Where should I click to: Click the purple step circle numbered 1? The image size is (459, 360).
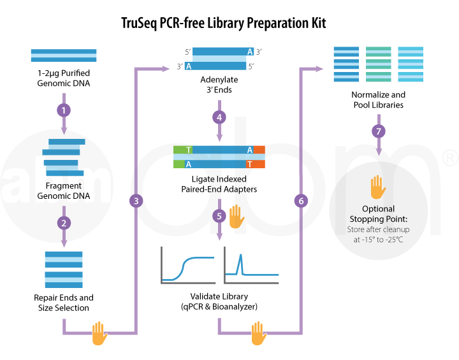(x=64, y=110)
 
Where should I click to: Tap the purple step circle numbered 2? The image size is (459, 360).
(x=64, y=223)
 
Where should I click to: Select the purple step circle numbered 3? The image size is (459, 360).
(x=136, y=201)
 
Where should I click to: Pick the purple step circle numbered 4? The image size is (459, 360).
(x=219, y=117)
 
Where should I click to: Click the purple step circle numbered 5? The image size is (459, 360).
(x=219, y=216)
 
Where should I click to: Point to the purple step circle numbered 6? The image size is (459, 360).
(x=301, y=201)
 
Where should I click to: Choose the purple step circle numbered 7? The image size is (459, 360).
(x=379, y=131)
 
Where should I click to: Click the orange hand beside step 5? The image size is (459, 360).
(x=237, y=217)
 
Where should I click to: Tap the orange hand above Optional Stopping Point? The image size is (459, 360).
(x=378, y=187)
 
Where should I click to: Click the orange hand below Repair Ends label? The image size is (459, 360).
(x=99, y=333)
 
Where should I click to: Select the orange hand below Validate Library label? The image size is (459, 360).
(x=259, y=333)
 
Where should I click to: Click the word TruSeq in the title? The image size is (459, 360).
(x=139, y=24)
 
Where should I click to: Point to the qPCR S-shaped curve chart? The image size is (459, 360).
(x=188, y=266)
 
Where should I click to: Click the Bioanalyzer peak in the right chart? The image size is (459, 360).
(x=240, y=264)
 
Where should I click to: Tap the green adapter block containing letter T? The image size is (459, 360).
(x=183, y=150)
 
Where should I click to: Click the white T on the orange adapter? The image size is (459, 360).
(x=249, y=164)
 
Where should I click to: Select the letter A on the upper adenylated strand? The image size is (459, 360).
(x=250, y=52)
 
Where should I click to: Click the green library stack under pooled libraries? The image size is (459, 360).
(x=378, y=64)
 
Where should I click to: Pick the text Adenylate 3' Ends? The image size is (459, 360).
(x=219, y=85)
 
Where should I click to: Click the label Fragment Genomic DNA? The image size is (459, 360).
(x=64, y=191)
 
